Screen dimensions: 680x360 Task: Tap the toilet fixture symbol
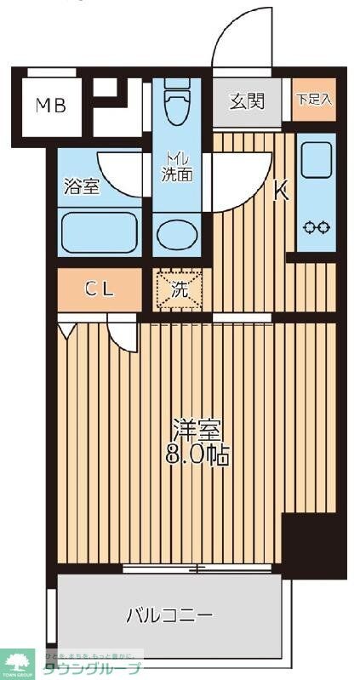tap(177, 106)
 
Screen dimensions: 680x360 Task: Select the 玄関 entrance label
tap(247, 101)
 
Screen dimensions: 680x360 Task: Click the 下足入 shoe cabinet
tap(314, 100)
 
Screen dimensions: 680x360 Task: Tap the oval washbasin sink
tap(177, 233)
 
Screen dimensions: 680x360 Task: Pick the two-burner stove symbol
tap(317, 227)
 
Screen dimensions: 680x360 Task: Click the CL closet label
tap(99, 289)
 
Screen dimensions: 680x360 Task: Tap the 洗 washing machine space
tap(179, 289)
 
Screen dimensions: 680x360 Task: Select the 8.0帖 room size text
tap(197, 454)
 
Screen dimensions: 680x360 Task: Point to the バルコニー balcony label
tap(169, 614)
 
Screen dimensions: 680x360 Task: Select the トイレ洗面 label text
tap(178, 166)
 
